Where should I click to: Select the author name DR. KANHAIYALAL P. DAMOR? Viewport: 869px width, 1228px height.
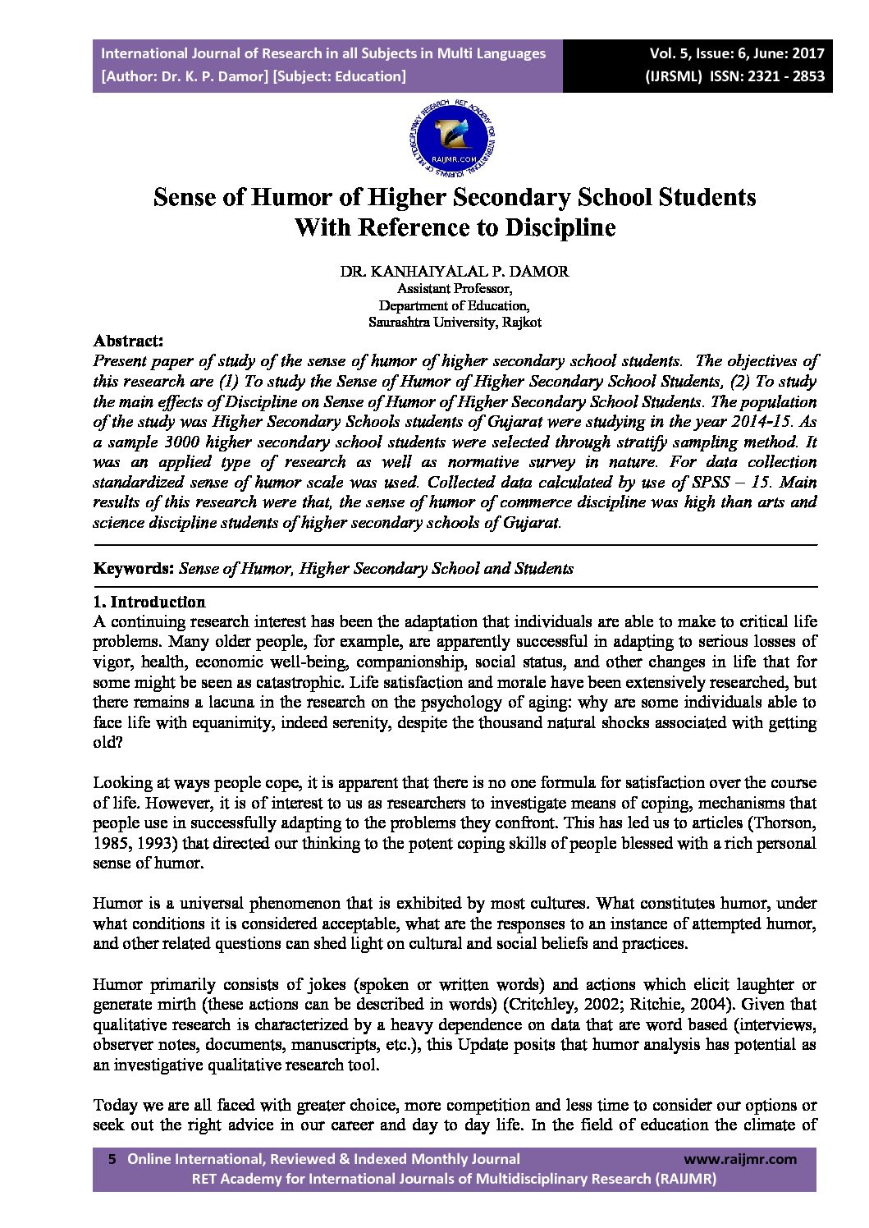point(454,272)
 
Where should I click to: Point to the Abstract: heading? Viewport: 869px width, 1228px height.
point(128,341)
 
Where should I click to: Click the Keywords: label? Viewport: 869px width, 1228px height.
point(133,568)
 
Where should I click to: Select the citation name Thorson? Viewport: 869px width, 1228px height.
point(785,823)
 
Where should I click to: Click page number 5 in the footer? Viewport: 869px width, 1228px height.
point(112,1159)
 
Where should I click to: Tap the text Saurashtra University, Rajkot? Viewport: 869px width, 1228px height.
point(454,323)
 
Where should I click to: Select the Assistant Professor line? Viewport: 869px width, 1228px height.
point(454,289)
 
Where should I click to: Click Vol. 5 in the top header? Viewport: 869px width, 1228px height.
point(672,53)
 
